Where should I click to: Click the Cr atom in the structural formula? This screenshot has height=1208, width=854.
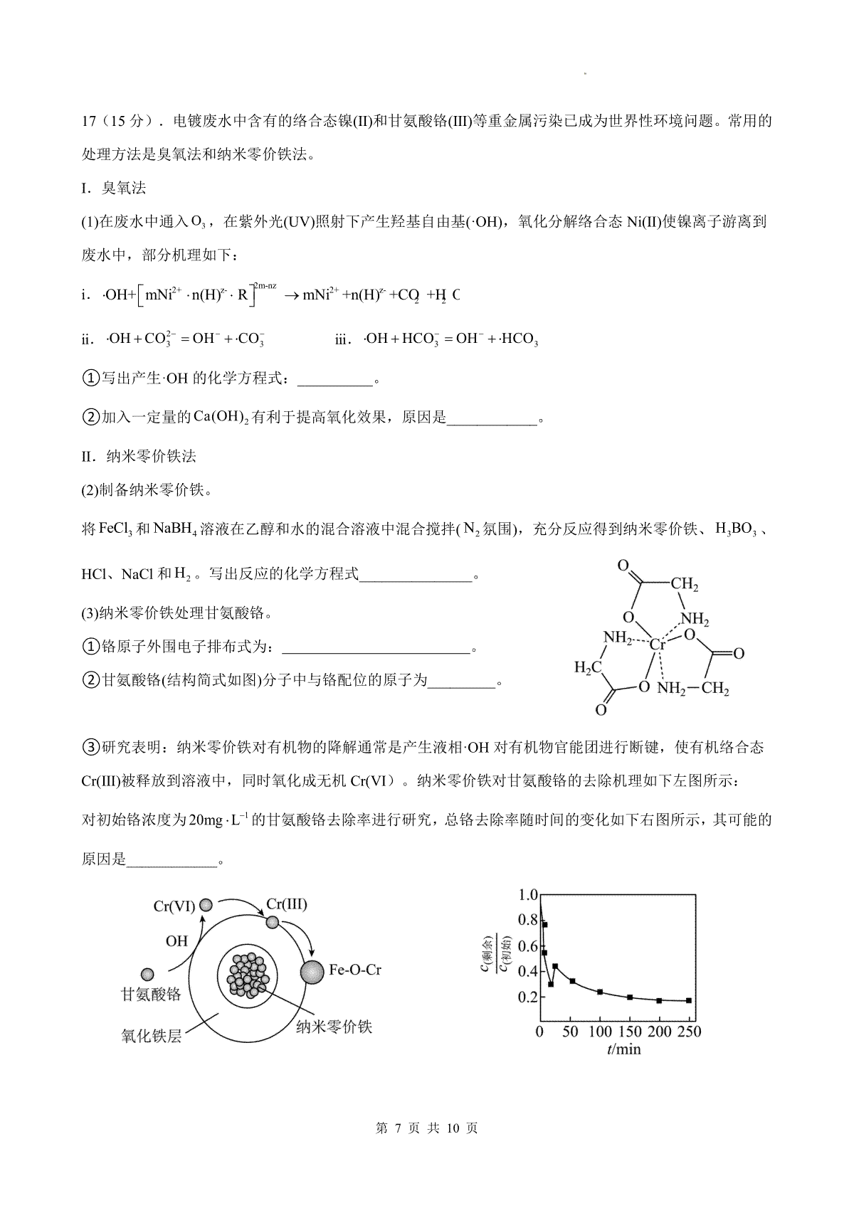[657, 645]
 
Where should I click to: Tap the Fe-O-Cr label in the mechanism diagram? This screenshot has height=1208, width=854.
[355, 970]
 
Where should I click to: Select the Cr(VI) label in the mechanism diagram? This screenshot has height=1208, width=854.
[174, 906]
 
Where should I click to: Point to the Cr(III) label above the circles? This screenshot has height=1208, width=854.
[286, 904]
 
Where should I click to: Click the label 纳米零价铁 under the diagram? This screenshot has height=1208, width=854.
[334, 1027]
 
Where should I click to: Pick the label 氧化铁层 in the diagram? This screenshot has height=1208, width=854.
[152, 1036]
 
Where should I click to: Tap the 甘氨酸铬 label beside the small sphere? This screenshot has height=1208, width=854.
[151, 995]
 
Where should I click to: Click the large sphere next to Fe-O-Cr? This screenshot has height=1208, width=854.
[311, 971]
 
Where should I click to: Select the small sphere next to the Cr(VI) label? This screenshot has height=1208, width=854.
[206, 905]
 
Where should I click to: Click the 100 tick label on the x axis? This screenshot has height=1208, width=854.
[600, 1032]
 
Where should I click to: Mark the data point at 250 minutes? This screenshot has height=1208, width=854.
[689, 1001]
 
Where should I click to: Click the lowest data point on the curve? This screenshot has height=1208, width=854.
[551, 985]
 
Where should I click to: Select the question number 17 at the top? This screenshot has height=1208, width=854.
[89, 121]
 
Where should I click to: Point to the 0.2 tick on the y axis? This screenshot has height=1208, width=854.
[527, 997]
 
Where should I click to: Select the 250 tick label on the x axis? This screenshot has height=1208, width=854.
[688, 1032]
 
